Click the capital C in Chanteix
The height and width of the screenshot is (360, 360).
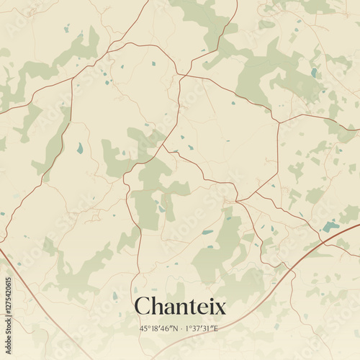point(143,307)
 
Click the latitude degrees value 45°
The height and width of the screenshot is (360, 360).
point(144,328)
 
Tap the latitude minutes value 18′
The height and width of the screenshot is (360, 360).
point(155,328)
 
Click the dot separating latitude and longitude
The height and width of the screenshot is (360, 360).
point(180,328)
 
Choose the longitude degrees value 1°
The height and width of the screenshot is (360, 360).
point(187,328)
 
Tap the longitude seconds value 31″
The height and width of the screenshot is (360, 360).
point(207,328)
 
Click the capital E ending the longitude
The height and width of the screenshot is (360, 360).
point(215,328)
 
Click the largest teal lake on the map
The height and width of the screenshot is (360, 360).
point(330,226)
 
